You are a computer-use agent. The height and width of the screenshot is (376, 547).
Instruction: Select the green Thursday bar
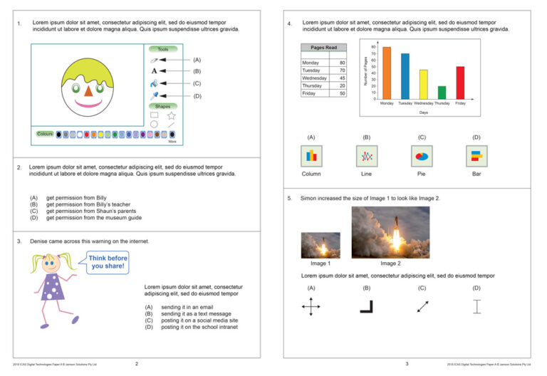[442, 92]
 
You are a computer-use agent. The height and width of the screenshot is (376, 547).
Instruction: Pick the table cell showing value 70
[342, 70]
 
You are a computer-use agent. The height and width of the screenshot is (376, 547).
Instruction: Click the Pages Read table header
[323, 47]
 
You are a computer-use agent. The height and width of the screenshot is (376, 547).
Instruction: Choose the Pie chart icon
[421, 156]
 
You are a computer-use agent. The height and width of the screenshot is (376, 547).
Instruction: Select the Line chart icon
[366, 156]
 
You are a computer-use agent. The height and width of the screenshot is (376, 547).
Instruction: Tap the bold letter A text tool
[154, 71]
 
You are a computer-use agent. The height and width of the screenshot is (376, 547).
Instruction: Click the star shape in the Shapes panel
[171, 115]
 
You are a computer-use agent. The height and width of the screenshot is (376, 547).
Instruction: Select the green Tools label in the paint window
[163, 49]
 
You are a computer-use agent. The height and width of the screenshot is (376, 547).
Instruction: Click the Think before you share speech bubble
[108, 262]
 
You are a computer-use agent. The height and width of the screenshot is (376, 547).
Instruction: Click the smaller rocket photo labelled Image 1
[320, 245]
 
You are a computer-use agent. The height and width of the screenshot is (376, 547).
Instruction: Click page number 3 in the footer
[407, 364]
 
